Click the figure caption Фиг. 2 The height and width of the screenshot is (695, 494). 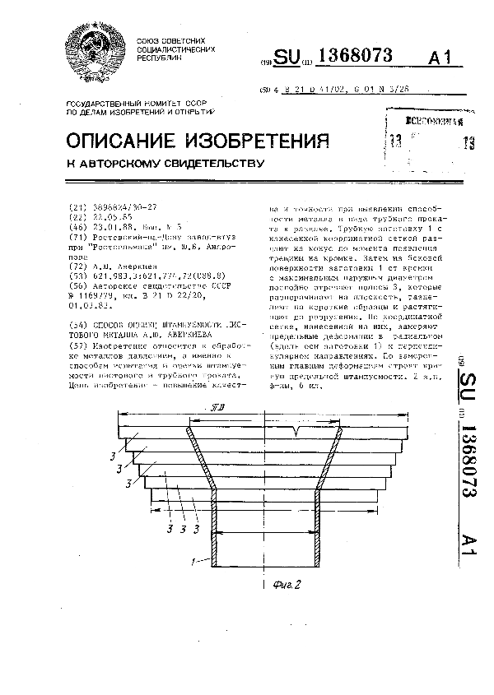coord(283,586)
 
